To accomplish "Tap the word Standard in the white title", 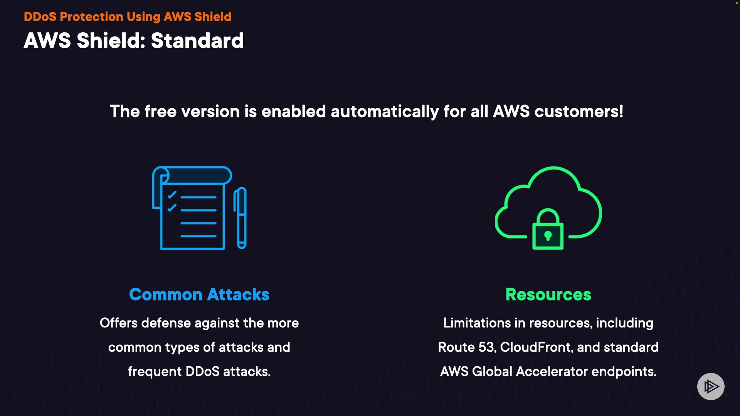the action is [197, 40].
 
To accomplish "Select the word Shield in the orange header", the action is [213, 17].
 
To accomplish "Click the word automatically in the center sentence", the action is [385, 112].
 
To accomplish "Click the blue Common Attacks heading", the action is [199, 294].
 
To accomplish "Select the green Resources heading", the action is [548, 294].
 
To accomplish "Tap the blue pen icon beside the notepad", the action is [241, 218].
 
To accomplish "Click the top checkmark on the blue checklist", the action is [172, 195].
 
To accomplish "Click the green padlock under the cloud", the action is [548, 229].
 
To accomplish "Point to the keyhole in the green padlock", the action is [548, 235].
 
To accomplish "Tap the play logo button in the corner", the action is [711, 386].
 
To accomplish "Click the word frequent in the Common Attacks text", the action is [155, 372].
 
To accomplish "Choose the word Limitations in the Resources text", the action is [477, 323].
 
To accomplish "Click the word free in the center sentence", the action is [160, 112].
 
